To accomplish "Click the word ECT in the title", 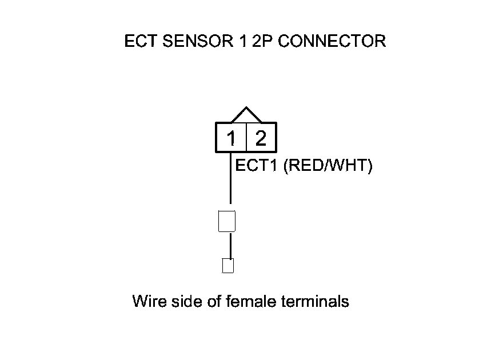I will pyautogui.click(x=141, y=42).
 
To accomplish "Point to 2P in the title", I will pyautogui.click(x=261, y=42).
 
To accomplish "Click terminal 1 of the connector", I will pyautogui.click(x=231, y=138).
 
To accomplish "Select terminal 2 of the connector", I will pyautogui.click(x=261, y=138).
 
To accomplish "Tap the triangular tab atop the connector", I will pyautogui.click(x=246, y=115).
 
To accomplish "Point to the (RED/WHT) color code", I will pyautogui.click(x=328, y=166).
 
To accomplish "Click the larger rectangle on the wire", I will pyautogui.click(x=227, y=221).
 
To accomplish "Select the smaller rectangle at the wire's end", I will pyautogui.click(x=228, y=266).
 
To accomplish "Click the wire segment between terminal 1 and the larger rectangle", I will pyautogui.click(x=230, y=180).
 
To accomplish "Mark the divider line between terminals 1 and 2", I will pyautogui.click(x=246, y=138).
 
